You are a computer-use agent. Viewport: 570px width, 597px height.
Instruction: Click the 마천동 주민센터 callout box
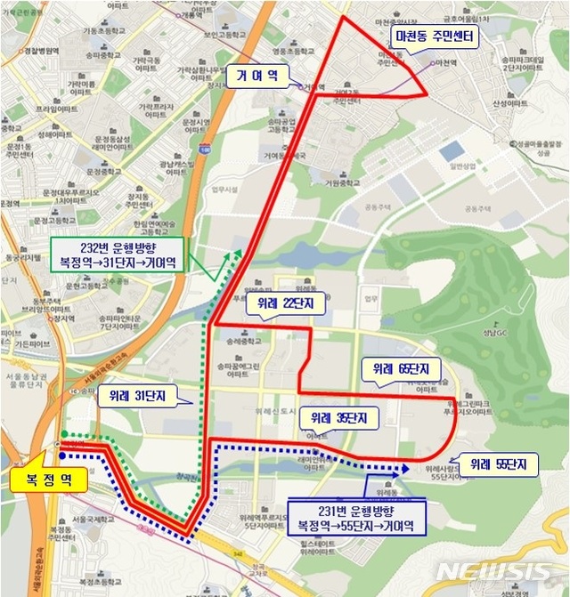[436, 36]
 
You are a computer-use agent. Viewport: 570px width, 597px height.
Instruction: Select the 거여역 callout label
[257, 76]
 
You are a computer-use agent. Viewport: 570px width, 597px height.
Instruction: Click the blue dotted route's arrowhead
[404, 466]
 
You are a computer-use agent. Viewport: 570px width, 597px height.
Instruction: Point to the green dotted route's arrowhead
[236, 254]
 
